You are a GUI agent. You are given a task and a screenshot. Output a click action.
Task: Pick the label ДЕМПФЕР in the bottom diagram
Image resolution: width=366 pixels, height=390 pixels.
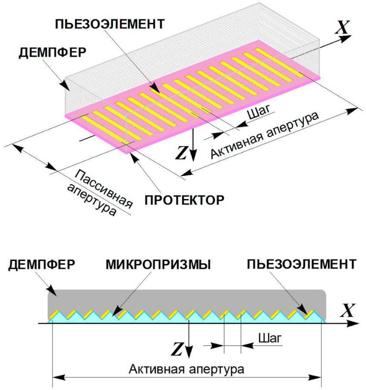[40, 264]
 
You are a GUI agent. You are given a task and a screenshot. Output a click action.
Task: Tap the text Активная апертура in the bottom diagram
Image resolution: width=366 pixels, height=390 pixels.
[186, 369]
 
